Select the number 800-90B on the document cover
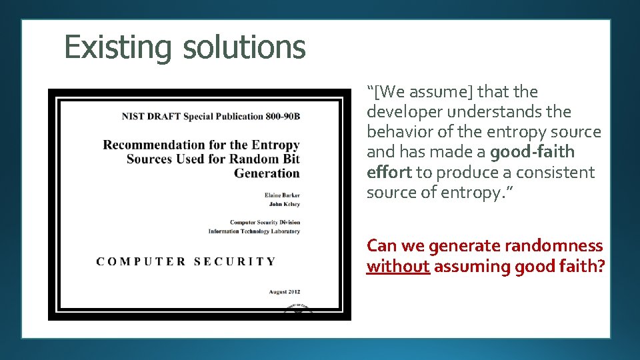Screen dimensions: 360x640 (283, 116)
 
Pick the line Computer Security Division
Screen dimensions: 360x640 (265, 222)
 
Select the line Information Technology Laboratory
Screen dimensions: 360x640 (254, 231)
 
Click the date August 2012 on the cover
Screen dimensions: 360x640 (284, 291)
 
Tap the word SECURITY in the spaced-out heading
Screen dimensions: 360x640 (235, 261)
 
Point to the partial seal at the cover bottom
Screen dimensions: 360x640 (299, 308)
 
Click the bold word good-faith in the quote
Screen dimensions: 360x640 (532, 152)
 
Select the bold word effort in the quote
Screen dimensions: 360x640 (389, 172)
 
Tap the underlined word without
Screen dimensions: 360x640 (398, 267)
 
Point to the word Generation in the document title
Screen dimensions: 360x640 (267, 173)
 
